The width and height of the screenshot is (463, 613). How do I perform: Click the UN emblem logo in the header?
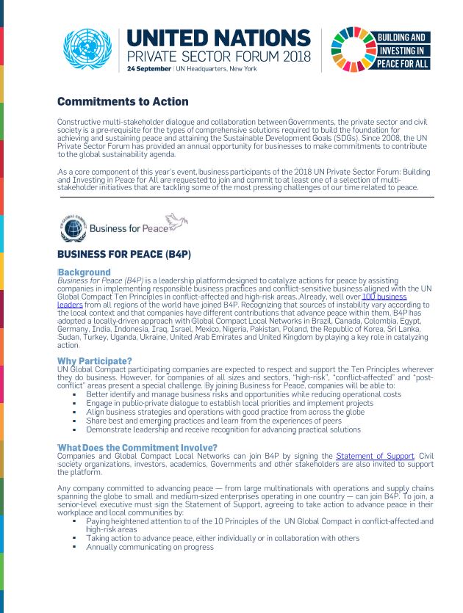(87, 50)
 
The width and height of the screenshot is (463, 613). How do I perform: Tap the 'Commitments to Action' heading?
(123, 101)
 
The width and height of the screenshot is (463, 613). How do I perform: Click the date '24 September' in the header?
(149, 68)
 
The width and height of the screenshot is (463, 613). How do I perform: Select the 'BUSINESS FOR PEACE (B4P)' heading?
(124, 255)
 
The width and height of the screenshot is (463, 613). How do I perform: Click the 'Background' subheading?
(85, 272)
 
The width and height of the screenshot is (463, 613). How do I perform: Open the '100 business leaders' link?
(384, 296)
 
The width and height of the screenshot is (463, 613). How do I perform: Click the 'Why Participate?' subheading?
(95, 360)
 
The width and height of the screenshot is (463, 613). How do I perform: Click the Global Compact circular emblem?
(73, 228)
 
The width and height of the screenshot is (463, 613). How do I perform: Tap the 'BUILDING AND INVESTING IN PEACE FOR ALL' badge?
(403, 50)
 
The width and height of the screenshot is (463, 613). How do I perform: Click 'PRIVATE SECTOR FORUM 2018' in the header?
(218, 57)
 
